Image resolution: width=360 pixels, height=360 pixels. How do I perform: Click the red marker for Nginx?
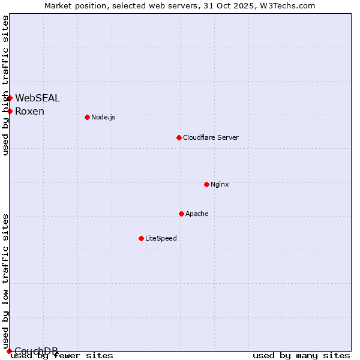[x=206, y=184]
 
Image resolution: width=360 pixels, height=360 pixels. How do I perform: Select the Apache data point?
[x=181, y=214]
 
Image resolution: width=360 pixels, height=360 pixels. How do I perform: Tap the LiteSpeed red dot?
[x=141, y=238]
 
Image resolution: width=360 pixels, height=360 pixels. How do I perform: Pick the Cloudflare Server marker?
[x=179, y=137]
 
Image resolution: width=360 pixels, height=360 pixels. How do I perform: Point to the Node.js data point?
[x=87, y=117]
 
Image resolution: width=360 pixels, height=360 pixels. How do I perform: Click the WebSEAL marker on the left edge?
[x=10, y=98]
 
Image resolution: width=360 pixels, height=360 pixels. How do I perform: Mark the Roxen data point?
[x=10, y=111]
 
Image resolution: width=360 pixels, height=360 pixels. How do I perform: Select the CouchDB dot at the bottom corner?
[x=9, y=351]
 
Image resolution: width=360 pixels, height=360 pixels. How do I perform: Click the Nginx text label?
[x=220, y=184]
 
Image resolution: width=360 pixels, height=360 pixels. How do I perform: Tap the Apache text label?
[x=197, y=214]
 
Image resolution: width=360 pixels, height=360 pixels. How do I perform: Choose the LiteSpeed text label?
[x=161, y=238]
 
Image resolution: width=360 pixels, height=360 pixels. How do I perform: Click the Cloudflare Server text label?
[x=211, y=137]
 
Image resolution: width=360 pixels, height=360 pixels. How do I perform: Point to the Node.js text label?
[x=103, y=117]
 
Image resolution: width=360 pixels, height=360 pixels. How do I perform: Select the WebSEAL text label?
[x=37, y=98]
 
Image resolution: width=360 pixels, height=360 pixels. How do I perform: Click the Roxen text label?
[x=29, y=111]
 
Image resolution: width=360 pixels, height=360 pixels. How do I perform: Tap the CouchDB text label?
[x=36, y=351]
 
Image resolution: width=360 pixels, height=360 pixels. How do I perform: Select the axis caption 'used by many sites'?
[x=301, y=356]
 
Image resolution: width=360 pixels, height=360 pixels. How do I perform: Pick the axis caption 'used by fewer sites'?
[x=62, y=356]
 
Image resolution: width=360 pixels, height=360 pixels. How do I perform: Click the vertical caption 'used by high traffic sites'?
[x=5, y=85]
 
